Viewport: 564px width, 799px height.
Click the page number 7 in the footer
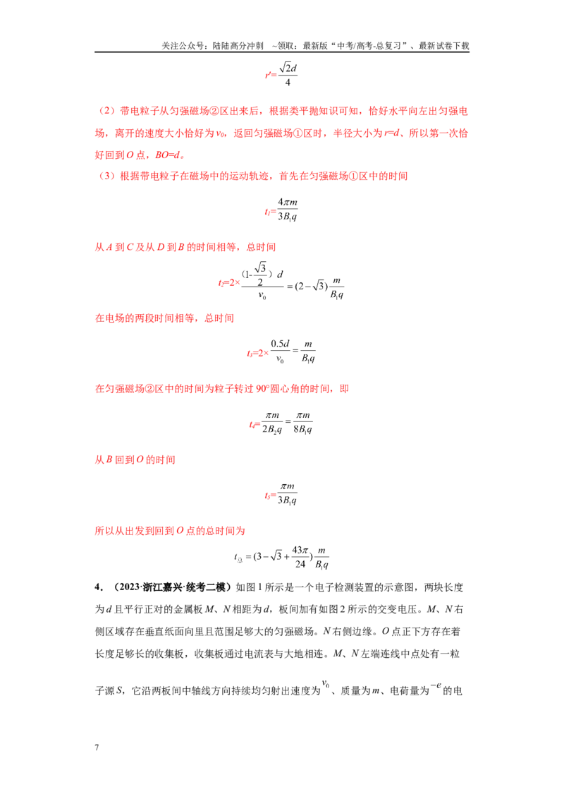pos(97,747)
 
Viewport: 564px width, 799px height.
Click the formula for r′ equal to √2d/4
pos(281,74)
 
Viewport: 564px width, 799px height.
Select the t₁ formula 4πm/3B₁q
pos(281,210)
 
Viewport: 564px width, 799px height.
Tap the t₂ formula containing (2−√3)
pos(281,282)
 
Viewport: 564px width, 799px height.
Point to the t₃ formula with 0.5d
pos(281,352)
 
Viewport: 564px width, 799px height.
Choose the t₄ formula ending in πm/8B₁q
pos(281,422)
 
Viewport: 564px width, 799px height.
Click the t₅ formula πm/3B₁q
pos(281,493)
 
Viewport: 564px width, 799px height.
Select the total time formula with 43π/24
pos(281,557)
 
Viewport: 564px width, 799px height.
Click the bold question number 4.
pos(98,587)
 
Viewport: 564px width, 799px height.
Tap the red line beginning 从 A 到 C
pos(185,247)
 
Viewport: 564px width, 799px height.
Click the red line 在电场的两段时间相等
pos(164,318)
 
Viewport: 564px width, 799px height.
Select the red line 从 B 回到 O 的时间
pos(135,459)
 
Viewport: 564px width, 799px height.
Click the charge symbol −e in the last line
pos(436,686)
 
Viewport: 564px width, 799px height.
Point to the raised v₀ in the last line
pos(326,684)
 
